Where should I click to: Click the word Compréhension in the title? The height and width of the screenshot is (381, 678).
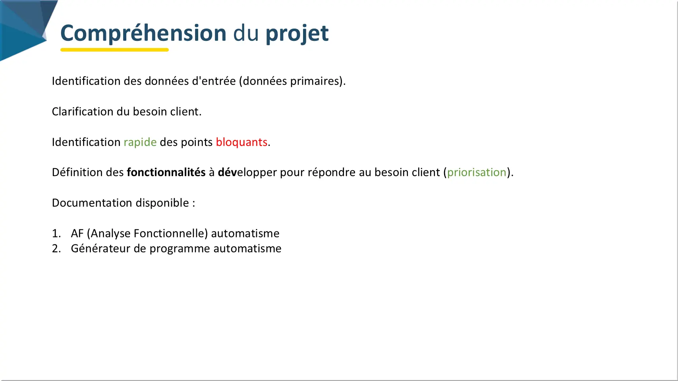143,33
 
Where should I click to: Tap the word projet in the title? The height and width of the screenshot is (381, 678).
297,34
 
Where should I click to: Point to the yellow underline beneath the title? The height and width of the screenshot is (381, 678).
114,50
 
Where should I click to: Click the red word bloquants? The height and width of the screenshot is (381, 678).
241,142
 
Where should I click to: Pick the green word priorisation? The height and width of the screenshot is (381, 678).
477,173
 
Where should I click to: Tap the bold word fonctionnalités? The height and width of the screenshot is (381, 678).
166,172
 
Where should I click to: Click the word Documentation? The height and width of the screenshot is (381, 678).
92,203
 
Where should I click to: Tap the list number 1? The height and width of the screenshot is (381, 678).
56,233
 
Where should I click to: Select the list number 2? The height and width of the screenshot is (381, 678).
56,248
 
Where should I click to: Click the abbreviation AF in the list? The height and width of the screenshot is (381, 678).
77,233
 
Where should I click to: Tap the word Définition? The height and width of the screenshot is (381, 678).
77,172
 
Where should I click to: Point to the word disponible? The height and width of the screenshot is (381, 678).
162,203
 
